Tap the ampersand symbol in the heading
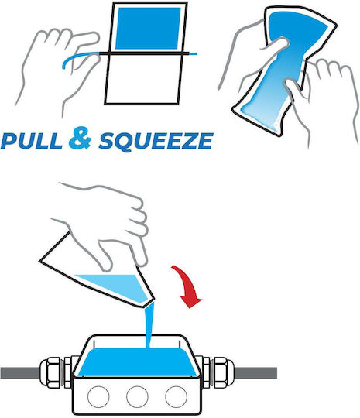80,138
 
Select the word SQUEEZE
156,141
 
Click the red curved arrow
187,286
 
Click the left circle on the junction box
98,396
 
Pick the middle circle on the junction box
137,396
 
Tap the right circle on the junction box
177,396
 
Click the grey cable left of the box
20,372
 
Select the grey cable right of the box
255,372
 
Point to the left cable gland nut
51,372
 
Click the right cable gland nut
224,372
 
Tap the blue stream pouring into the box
149,325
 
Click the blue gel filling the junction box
138,362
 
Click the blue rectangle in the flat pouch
149,29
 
